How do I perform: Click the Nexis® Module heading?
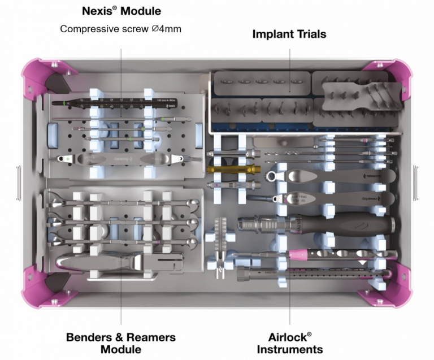(121, 11)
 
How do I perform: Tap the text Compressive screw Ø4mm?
(121, 28)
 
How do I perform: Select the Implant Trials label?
(289, 34)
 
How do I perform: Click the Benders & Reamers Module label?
(121, 343)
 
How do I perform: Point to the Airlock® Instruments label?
(290, 343)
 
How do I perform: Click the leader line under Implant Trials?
(289, 68)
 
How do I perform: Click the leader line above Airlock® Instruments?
(290, 300)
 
